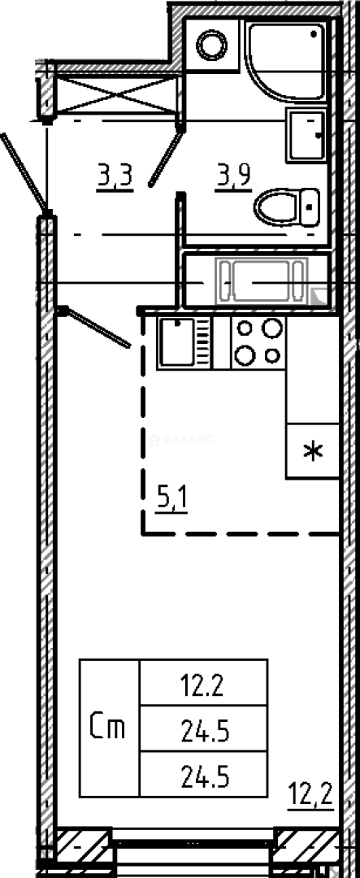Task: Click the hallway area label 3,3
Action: click(115, 176)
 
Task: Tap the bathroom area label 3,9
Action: click(232, 176)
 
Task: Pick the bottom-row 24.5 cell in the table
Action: click(203, 777)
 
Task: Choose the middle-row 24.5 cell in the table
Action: click(203, 733)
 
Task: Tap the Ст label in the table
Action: click(109, 728)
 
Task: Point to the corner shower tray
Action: click(284, 61)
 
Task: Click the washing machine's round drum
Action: click(215, 44)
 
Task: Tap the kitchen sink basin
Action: click(175, 342)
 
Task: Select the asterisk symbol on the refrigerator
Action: click(312, 451)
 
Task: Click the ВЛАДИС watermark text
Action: click(182, 440)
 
